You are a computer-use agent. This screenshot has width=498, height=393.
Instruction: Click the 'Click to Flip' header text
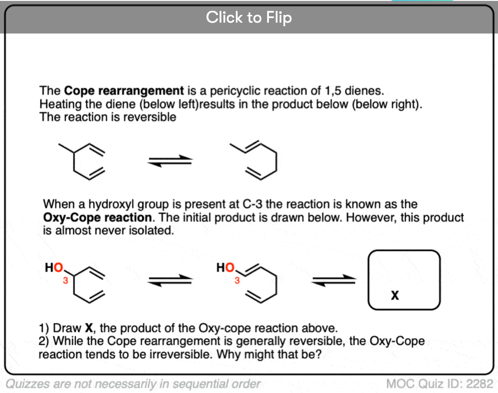(x=249, y=17)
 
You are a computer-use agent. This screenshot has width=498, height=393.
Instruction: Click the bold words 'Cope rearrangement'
(x=124, y=91)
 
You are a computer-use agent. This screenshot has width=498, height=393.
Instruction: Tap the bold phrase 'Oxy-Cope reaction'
(x=97, y=218)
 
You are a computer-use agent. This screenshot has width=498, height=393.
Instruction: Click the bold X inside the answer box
(x=395, y=296)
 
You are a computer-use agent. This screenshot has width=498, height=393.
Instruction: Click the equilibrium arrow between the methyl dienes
(x=170, y=161)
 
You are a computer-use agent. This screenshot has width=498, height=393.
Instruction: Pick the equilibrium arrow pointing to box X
(x=334, y=280)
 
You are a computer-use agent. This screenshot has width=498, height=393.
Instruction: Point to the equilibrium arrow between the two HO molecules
(x=170, y=280)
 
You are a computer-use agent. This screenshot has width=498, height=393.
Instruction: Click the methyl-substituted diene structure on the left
(x=81, y=161)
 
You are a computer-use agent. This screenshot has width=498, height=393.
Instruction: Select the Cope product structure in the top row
(x=253, y=160)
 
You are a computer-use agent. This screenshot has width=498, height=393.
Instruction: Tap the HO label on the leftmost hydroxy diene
(x=54, y=268)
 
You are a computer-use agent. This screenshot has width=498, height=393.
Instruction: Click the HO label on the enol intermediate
(x=225, y=268)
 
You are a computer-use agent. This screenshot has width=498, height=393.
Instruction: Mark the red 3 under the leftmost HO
(x=66, y=281)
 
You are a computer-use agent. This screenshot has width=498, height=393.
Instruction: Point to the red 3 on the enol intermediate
(x=237, y=281)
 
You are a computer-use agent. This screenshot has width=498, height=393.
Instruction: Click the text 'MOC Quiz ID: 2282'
(x=440, y=384)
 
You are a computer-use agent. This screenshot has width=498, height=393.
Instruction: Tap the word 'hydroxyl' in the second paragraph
(x=111, y=204)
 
